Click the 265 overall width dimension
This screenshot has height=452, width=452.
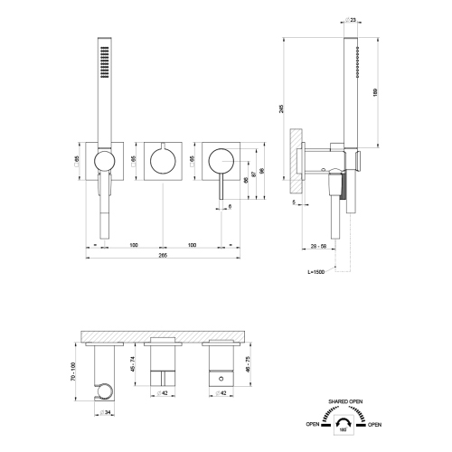pos(163,255)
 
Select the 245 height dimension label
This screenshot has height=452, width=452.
pos(284,109)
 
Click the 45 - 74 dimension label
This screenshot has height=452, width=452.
pos(134,364)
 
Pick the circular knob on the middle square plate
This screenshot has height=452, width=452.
pos(162,163)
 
